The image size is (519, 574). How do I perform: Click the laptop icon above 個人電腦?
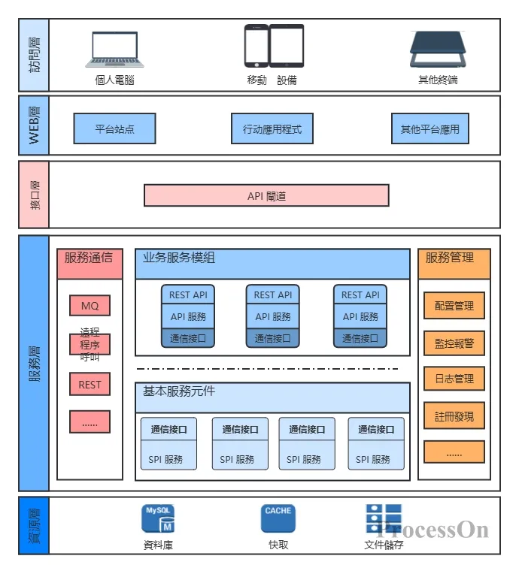[115, 50]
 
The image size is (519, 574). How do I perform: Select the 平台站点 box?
[114, 128]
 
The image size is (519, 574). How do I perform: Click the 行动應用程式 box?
[272, 128]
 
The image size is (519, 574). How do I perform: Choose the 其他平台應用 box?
[429, 128]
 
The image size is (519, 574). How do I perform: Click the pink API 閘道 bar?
[266, 195]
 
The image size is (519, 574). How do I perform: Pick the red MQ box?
[90, 306]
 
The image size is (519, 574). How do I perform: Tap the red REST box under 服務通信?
[90, 385]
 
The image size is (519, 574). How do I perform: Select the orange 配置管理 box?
[454, 306]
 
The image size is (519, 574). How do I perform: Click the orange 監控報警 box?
[454, 343]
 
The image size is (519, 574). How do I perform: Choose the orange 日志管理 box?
[454, 379]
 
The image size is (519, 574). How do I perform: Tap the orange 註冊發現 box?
[454, 415]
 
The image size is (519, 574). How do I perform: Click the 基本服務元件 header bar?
[272, 397]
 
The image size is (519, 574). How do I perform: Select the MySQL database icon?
[158, 519]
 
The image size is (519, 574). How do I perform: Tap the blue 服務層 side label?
[34, 364]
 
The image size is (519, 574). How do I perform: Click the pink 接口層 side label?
[34, 195]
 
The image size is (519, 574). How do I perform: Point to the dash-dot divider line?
[268, 369]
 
